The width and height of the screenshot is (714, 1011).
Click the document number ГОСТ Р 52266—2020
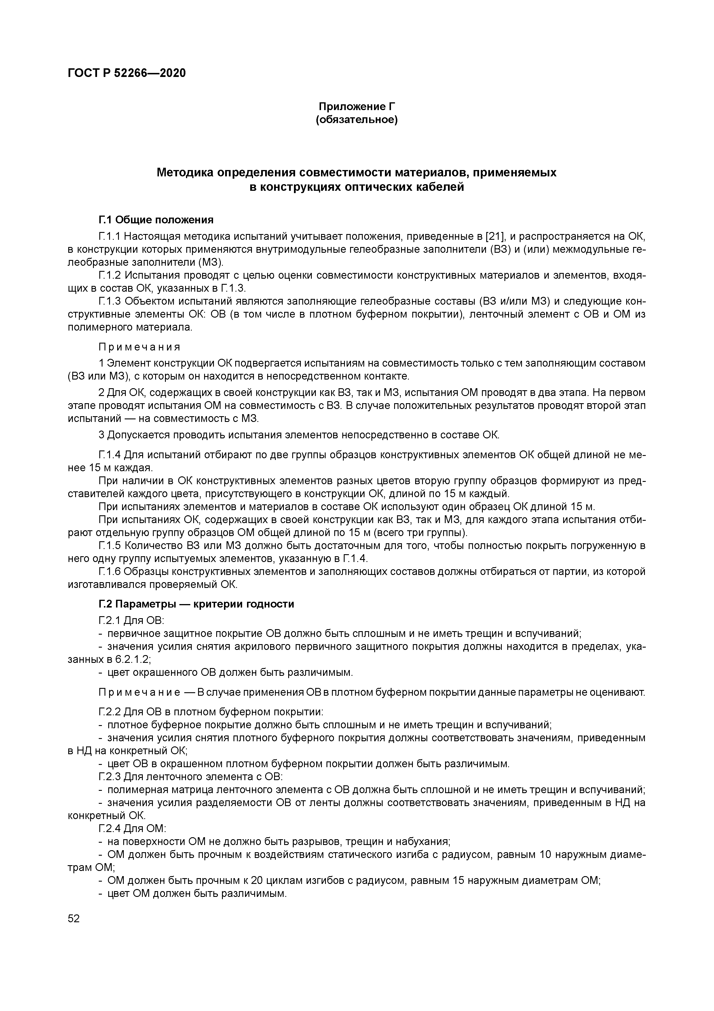pyautogui.click(x=127, y=73)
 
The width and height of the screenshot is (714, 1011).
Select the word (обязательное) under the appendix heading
pyautogui.click(x=357, y=120)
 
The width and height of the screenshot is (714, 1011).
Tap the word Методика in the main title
pyautogui.click(x=184, y=173)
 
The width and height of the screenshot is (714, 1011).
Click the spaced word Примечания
pyautogui.click(x=139, y=347)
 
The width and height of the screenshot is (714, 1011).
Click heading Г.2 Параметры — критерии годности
pyautogui.click(x=196, y=604)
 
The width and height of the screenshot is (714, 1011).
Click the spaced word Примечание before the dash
pyautogui.click(x=139, y=692)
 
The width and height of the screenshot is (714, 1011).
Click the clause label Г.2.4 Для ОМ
pyautogui.click(x=132, y=828)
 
